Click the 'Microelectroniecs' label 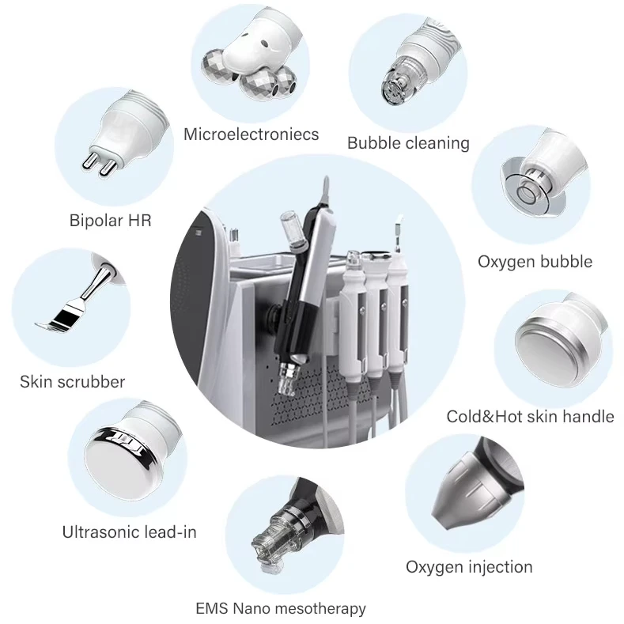coord(251,134)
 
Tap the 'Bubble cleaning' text coord(408,143)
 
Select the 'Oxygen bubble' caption coord(535,261)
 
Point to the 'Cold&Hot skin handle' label coord(530,416)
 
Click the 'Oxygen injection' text coord(469,566)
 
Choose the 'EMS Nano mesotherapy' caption coord(281,608)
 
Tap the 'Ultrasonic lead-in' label coord(129,532)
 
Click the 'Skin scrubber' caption coord(72,382)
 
